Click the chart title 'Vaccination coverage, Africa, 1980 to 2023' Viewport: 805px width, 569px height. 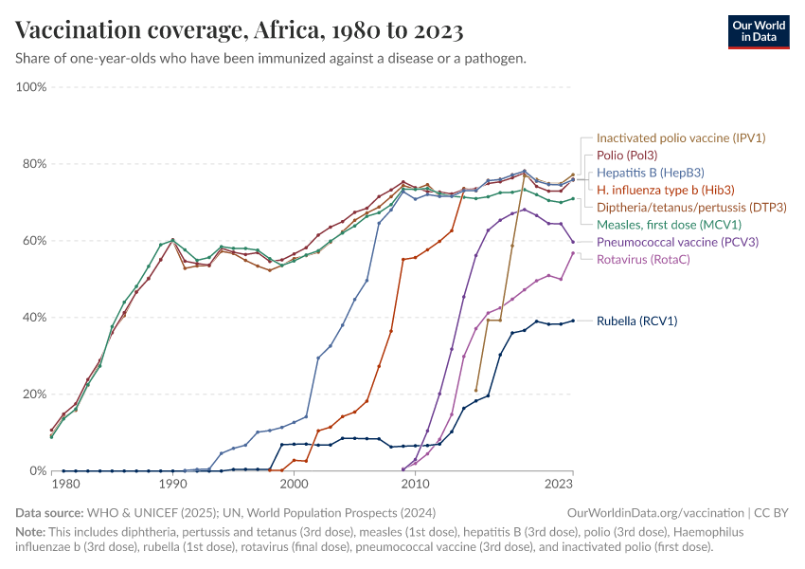(240, 30)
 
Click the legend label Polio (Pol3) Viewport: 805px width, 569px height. (627, 155)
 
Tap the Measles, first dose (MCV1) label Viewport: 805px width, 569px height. (669, 225)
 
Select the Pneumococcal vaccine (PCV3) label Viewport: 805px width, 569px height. (677, 242)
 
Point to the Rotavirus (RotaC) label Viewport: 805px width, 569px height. (642, 259)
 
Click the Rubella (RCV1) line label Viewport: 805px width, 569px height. (636, 321)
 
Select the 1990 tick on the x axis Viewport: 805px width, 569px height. (172, 484)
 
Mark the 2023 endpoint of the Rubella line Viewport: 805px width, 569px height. (573, 321)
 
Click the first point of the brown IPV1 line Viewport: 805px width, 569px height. (475, 390)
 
